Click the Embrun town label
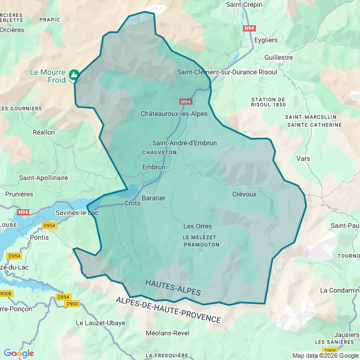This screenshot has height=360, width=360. click(154, 167)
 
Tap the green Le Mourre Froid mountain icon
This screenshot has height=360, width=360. click(74, 75)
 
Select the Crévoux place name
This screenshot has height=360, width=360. click(244, 194)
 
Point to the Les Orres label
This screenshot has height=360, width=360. click(197, 226)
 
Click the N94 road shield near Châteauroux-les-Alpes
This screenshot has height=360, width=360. click(186, 102)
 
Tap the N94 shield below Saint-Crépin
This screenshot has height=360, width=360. click(249, 28)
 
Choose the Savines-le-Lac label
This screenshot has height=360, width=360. click(77, 213)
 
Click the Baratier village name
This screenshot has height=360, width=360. click(154, 198)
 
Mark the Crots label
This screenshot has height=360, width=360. click(132, 203)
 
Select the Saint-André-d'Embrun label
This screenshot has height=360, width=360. click(184, 143)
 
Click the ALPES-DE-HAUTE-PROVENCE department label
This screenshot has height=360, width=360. click(169, 309)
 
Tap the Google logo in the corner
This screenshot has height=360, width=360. click(19, 353)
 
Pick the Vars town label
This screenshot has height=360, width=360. click(303, 159)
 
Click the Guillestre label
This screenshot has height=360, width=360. click(278, 57)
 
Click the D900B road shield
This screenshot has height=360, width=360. click(4, 294)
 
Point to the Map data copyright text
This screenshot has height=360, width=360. click(325, 355)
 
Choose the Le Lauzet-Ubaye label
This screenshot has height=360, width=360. click(101, 323)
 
